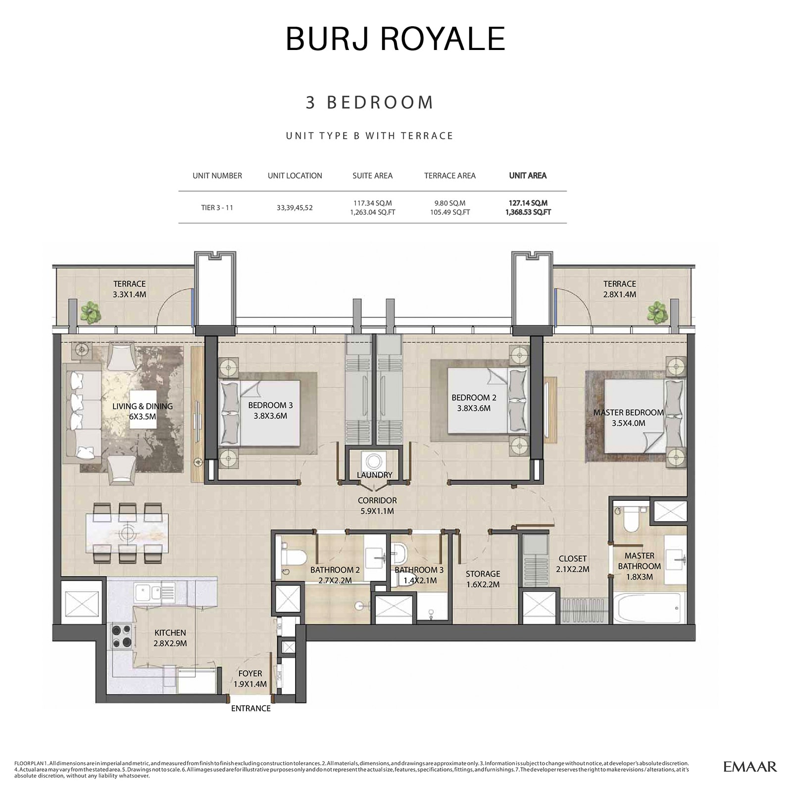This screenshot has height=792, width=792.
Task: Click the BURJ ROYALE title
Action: pos(395,39)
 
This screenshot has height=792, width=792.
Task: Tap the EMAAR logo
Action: pos(750,767)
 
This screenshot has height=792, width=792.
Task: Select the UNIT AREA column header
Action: pos(528,176)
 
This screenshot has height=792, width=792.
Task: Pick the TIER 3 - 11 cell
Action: pos(217,207)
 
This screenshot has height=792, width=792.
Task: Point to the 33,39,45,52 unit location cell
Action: pos(295,208)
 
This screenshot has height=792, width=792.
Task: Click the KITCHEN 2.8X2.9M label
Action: pos(170,638)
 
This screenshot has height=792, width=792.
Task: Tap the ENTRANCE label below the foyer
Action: pos(250,708)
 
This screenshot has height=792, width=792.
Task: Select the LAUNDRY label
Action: pos(374,475)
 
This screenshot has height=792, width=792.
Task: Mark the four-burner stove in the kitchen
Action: pos(122,636)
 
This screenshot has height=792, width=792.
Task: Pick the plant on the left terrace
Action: pos(91,312)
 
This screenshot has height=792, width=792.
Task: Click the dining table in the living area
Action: pos(127,533)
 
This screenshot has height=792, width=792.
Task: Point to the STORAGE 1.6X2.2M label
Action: pos(483,579)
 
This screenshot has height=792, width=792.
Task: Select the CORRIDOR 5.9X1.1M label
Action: pos(377,505)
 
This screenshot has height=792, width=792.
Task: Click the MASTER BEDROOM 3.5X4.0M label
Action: pos(629,417)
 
